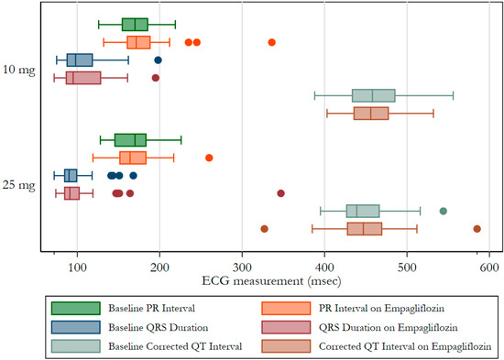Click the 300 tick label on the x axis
point(242,267)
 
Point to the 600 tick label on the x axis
point(489,267)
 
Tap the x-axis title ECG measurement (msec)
point(271,281)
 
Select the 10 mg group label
point(18,70)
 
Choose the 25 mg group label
point(18,185)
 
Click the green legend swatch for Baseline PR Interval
point(76,309)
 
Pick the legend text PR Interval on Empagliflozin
point(381,309)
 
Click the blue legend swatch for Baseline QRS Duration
point(76,327)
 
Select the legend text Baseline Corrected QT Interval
point(175,346)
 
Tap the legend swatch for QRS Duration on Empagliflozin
point(286,327)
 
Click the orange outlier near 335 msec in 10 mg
point(272,42)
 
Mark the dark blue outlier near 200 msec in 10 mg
point(158,60)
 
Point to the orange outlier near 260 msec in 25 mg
point(209,158)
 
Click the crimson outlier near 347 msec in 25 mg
point(280,193)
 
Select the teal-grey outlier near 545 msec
point(444,212)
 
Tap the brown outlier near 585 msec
point(477,229)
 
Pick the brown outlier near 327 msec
point(264,229)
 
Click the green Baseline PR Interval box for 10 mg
point(135,25)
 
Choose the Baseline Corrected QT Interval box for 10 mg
point(374,95)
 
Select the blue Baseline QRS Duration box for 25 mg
point(71,176)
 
